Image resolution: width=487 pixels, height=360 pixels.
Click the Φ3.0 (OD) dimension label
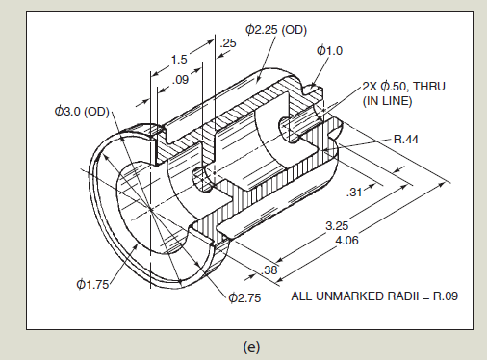pyautogui.click(x=82, y=112)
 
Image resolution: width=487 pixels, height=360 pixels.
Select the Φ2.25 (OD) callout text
pyautogui.click(x=276, y=30)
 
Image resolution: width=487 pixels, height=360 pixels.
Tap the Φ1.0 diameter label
pyautogui.click(x=329, y=51)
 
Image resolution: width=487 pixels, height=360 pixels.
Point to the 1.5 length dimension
pyautogui.click(x=179, y=60)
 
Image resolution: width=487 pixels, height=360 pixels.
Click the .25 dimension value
pyautogui.click(x=228, y=43)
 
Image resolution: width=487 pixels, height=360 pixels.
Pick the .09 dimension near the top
pyautogui.click(x=180, y=79)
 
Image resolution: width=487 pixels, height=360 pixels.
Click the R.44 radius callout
pyautogui.click(x=406, y=140)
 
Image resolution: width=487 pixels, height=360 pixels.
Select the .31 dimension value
pyautogui.click(x=354, y=192)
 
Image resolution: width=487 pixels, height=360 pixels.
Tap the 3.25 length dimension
pyautogui.click(x=337, y=226)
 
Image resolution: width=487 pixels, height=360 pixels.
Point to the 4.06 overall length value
pyautogui.click(x=346, y=240)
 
